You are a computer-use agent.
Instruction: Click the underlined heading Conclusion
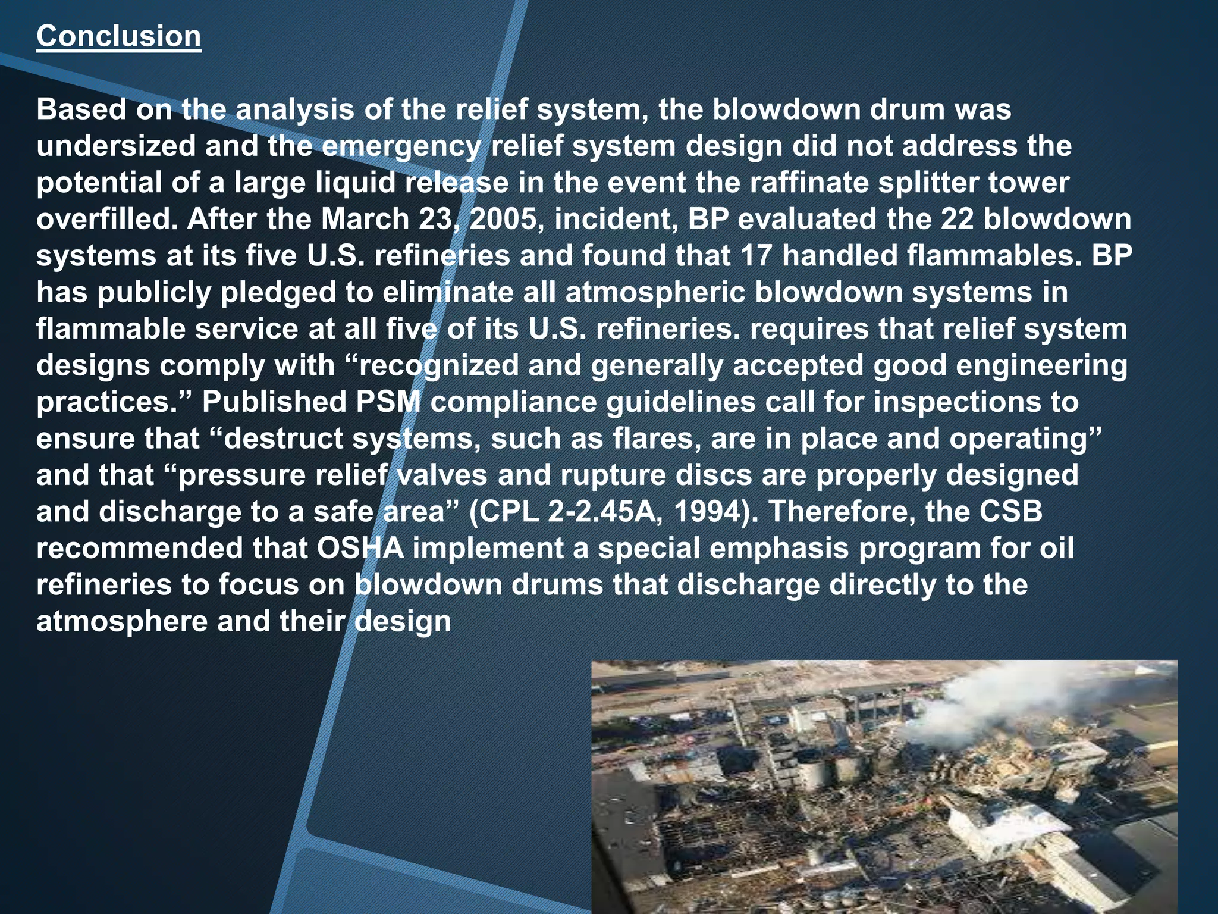[118, 36]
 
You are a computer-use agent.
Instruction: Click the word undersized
[116, 146]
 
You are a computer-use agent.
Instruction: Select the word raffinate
[809, 183]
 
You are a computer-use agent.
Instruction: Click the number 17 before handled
[756, 256]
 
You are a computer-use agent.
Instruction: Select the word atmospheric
[655, 293]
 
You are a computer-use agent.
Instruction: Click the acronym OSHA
[360, 549]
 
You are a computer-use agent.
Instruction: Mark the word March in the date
[365, 220]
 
